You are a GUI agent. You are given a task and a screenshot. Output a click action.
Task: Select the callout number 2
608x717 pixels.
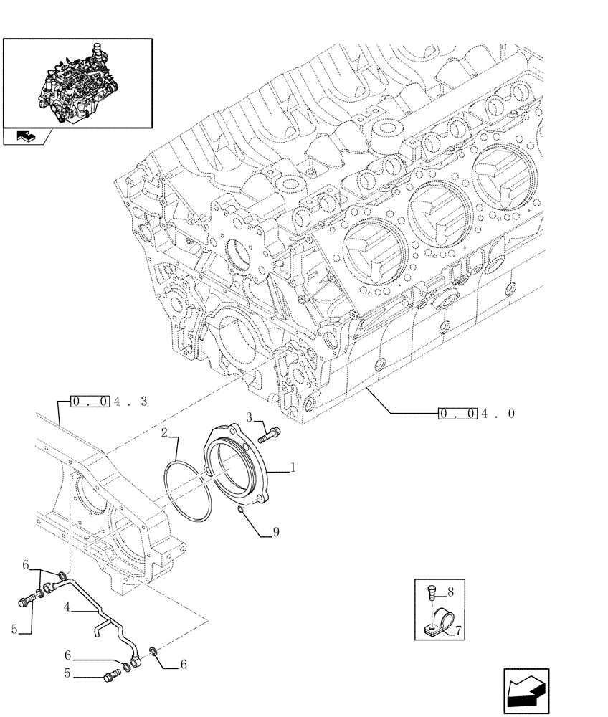[x=164, y=434]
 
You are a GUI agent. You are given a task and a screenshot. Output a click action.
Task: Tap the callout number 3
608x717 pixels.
[x=250, y=418]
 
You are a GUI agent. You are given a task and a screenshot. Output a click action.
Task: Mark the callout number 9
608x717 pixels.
[x=275, y=532]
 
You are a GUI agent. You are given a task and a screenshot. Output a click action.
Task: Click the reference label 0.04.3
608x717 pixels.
[x=108, y=402]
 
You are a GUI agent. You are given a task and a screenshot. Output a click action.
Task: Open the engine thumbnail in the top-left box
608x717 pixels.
[x=77, y=82]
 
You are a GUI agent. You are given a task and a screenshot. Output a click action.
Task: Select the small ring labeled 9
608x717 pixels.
[x=240, y=510]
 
